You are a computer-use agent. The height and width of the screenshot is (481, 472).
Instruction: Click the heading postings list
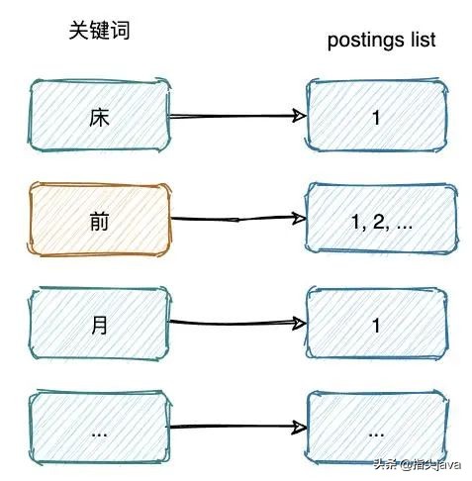(381, 41)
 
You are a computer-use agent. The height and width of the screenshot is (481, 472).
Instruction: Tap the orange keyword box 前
(99, 220)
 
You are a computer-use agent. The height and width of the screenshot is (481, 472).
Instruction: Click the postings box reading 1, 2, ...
(380, 221)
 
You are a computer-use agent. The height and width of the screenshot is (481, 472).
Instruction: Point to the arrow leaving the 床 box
(236, 116)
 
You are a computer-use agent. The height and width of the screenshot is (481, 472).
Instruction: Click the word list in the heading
(420, 41)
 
